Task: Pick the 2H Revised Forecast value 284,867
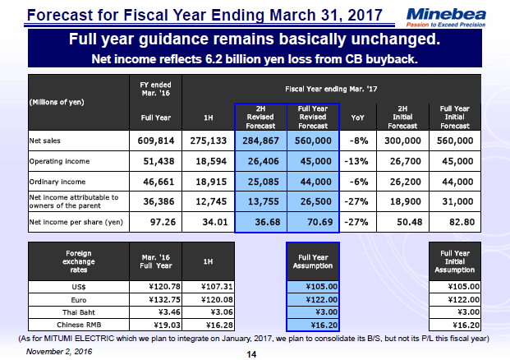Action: (260, 141)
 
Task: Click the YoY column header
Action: (357, 117)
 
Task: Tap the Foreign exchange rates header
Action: (63, 260)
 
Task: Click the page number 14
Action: (253, 354)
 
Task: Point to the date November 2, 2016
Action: (58, 351)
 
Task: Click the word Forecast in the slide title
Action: (57, 14)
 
